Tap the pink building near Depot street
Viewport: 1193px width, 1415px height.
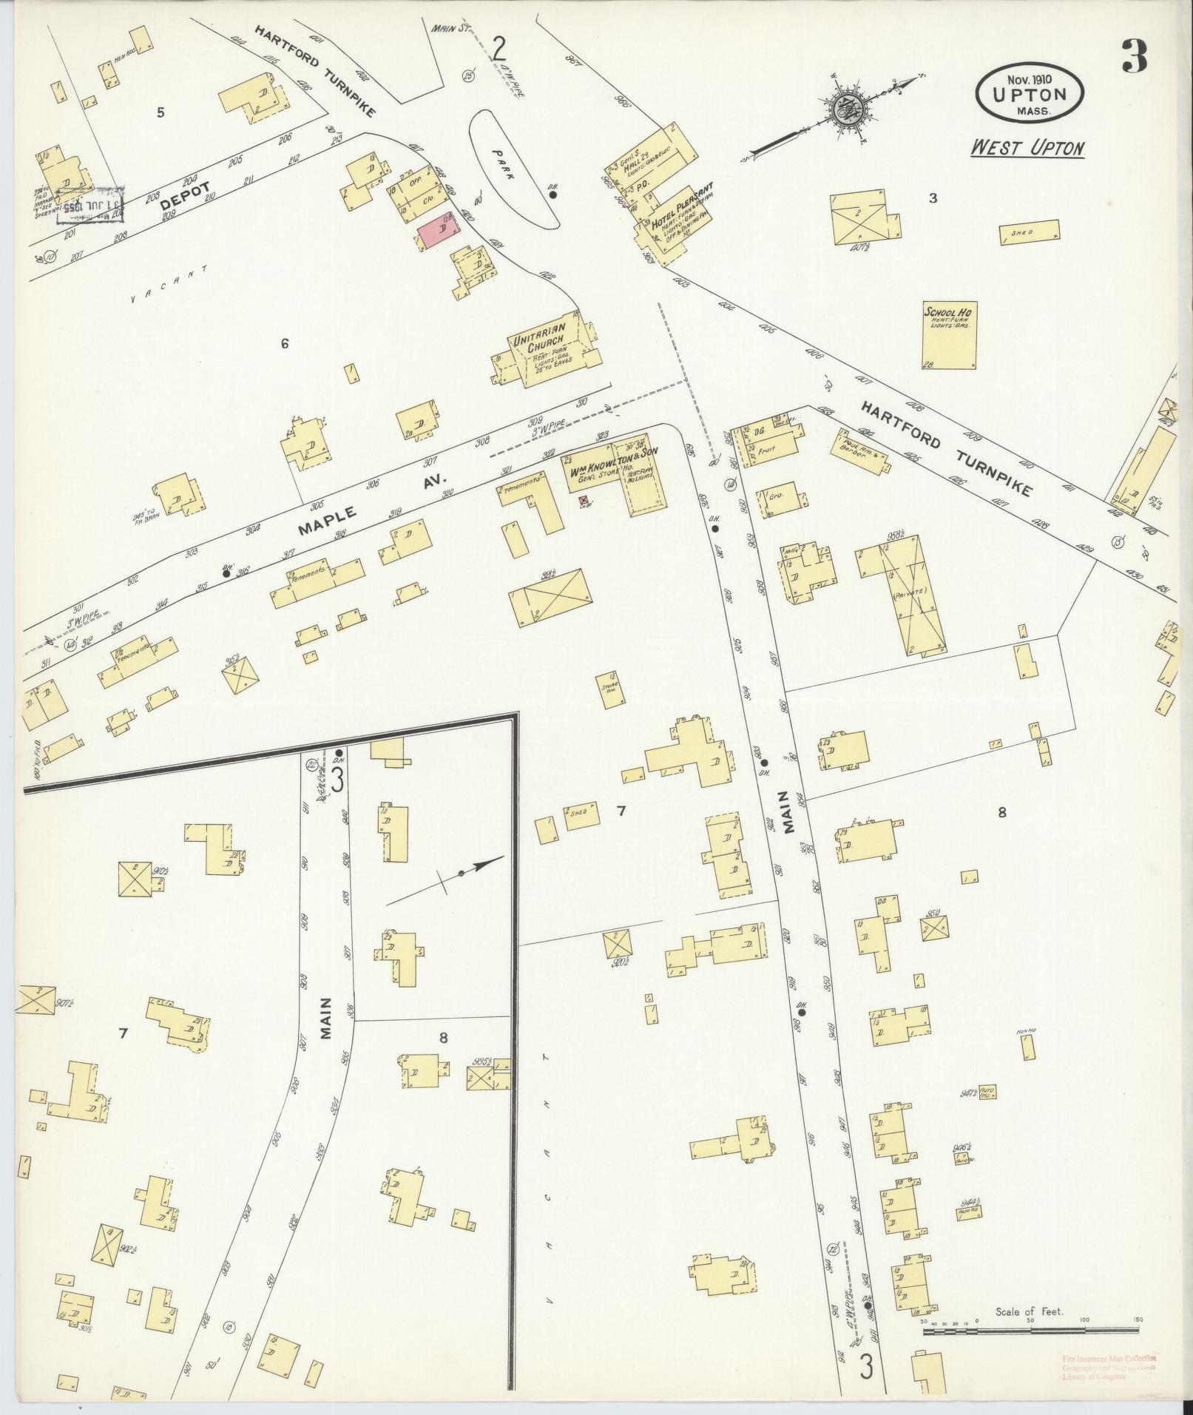tap(436, 233)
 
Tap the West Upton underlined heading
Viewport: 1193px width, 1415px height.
tap(1027, 148)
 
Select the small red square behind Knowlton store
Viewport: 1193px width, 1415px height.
tap(583, 501)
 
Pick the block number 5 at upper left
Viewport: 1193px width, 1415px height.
tap(160, 112)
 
